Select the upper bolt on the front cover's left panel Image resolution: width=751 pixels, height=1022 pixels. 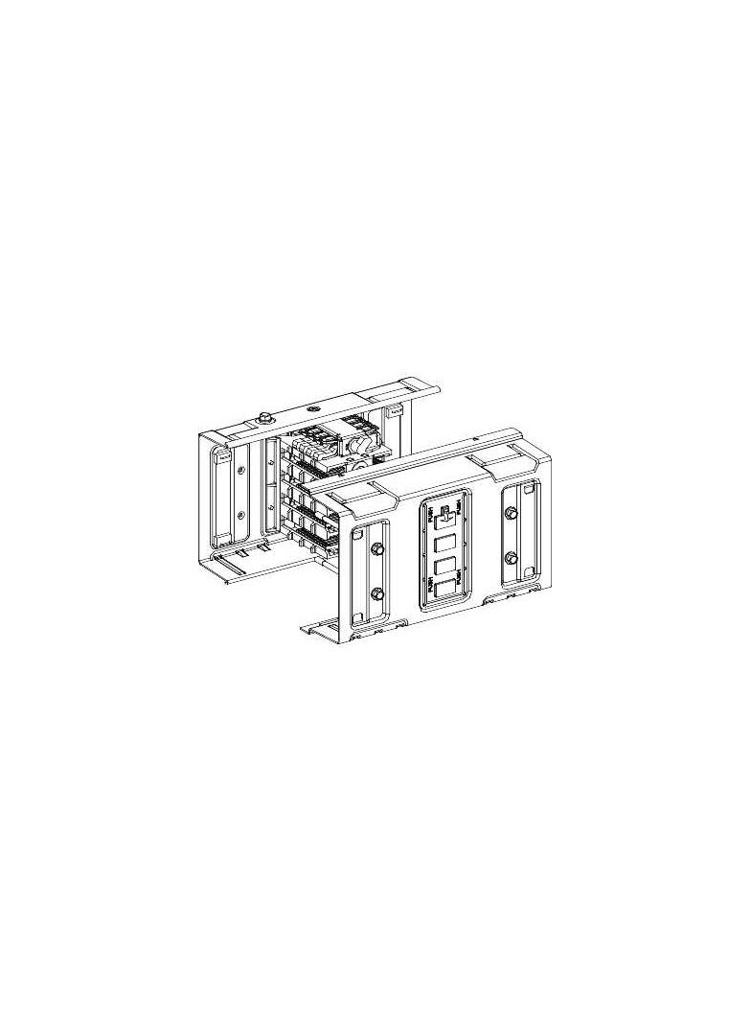(x=376, y=549)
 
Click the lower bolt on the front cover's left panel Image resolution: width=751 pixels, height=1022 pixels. (x=376, y=593)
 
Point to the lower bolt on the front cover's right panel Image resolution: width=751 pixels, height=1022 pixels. (x=511, y=558)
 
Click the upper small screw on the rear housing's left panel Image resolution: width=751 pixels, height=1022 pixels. (x=241, y=471)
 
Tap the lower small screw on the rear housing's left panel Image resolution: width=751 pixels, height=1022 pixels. (x=241, y=514)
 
